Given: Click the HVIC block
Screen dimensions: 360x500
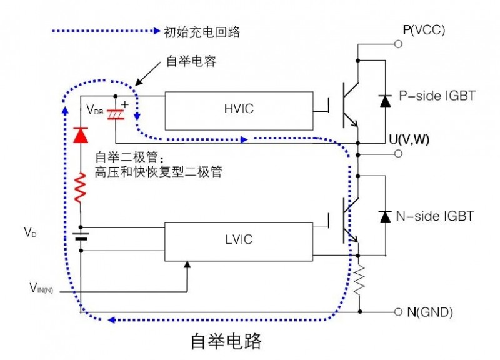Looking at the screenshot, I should pos(238,111).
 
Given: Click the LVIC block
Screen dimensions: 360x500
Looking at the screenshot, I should pos(238,239).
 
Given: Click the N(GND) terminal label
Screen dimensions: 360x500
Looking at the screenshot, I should pos(431,312).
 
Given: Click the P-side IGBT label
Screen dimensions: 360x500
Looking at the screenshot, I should pos(437,96).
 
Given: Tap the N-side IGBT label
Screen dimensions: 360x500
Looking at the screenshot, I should pos(435,216).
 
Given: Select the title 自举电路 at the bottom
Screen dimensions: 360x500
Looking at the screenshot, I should pos(226,341).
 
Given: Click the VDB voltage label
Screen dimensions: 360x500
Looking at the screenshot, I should pos(95,111).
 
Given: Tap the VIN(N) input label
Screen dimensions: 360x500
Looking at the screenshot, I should pos(44,288).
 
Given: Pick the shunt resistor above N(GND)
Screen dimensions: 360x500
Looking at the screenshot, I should pos(359,279).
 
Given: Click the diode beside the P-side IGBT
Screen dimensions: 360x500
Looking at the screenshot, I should pos(386,100).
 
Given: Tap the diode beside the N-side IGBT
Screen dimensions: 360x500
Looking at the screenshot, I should pos(386,216).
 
